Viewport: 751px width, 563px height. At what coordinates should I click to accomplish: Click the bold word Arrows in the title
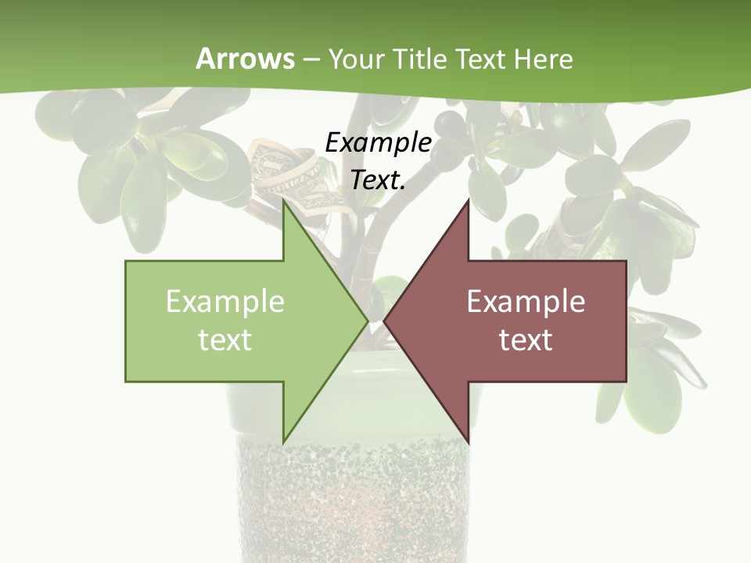(245, 59)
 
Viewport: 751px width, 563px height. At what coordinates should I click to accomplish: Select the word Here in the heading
(543, 59)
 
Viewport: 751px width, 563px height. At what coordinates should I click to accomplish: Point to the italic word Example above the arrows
(379, 142)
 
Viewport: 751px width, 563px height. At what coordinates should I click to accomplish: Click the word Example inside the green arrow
(225, 302)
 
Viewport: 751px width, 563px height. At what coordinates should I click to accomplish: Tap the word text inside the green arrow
(225, 340)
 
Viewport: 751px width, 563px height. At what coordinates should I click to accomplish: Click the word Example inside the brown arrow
(526, 302)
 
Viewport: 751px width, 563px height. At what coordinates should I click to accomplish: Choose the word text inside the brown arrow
(526, 340)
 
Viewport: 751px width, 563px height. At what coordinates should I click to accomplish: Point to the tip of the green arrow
(366, 321)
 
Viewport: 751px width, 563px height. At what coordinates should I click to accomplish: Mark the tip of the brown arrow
(386, 321)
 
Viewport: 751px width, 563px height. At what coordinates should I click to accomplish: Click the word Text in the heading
(480, 59)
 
